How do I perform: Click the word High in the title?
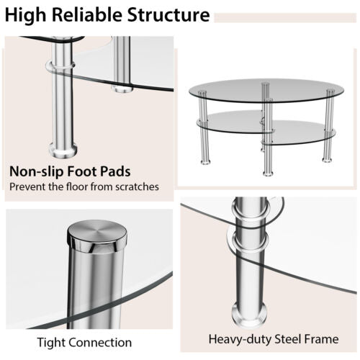point(29,15)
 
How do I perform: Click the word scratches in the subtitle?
point(135,187)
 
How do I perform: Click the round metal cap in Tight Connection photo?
point(98,235)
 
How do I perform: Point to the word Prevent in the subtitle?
point(28,187)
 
